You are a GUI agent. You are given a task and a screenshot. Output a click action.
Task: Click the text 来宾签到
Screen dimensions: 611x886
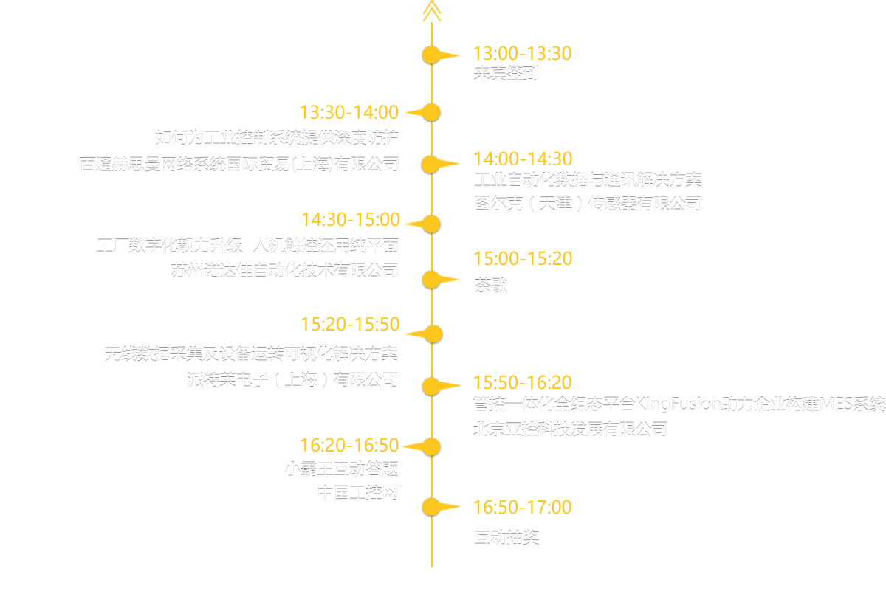click(506, 73)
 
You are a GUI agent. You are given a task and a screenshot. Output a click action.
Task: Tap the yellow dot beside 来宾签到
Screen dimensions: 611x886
click(431, 55)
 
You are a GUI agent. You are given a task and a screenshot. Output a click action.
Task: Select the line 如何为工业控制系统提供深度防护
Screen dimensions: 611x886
click(277, 137)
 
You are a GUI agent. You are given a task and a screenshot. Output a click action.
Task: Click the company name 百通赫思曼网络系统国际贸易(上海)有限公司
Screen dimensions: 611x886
click(239, 164)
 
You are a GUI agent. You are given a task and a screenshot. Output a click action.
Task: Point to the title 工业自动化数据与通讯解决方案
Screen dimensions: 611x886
click(587, 179)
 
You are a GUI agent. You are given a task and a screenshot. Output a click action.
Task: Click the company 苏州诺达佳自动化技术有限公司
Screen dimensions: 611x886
click(284, 270)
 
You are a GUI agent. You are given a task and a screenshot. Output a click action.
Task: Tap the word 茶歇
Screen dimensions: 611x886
click(490, 286)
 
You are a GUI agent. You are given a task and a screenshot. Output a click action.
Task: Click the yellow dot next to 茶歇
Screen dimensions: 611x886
click(431, 280)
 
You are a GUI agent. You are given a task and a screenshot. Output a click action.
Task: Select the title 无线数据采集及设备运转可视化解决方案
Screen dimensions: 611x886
click(252, 354)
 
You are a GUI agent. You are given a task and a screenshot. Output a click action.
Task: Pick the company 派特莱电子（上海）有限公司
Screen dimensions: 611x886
click(292, 380)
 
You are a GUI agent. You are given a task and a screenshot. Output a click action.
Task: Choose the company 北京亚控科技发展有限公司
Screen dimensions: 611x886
click(570, 429)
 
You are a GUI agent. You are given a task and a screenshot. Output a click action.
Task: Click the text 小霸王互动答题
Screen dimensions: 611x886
click(341, 468)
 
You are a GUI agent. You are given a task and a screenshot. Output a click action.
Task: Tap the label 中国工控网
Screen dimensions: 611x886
click(358, 492)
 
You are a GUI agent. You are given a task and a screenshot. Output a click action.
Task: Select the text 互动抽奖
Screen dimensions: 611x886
click(506, 536)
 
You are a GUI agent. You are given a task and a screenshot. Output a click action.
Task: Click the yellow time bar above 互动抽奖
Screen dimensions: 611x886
click(523, 506)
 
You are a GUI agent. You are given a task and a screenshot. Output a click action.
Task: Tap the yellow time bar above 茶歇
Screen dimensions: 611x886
click(523, 258)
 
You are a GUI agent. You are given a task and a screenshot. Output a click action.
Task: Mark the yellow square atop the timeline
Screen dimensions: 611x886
click(432, 10)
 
